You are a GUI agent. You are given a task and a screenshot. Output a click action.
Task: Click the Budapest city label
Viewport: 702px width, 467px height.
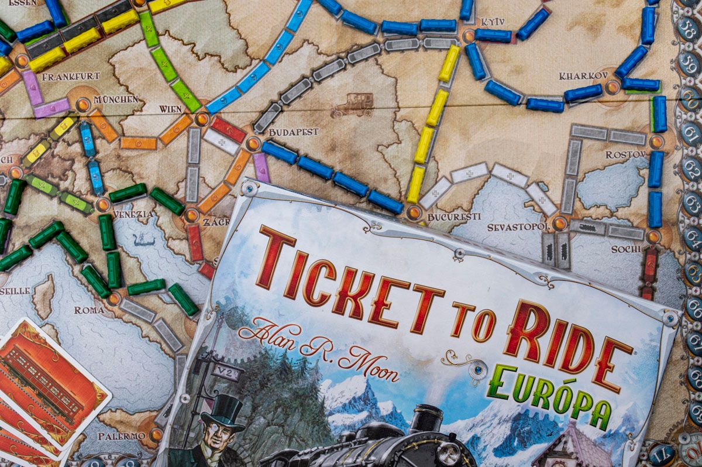293,132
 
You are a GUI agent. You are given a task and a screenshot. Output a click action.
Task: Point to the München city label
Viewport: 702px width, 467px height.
116,99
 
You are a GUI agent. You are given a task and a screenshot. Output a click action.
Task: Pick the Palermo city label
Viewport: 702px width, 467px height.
121,436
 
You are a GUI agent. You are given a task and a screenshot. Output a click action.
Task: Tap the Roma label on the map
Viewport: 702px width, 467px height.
90,310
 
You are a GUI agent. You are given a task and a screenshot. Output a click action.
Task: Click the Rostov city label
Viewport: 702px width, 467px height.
626,154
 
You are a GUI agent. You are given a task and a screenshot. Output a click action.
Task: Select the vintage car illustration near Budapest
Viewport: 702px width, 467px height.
352,105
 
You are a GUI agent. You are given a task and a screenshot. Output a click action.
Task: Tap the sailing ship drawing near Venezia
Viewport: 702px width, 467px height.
143,239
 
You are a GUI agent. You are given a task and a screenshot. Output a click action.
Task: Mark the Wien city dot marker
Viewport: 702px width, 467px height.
202,119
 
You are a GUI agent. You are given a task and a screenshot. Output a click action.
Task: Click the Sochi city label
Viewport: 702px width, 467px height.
626,249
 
